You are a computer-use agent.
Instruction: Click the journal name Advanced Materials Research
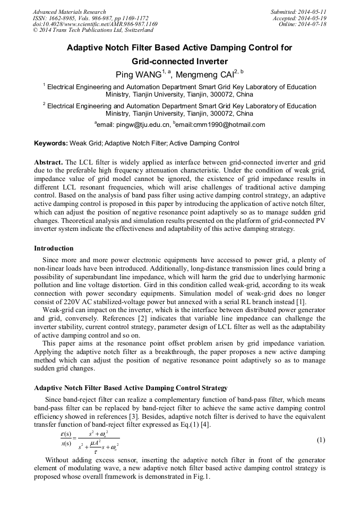coord(69,12)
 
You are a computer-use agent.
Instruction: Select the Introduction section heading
coord(54,248)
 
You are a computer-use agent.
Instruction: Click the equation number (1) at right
coord(321,440)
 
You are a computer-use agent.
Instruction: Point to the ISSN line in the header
coord(91,18)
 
